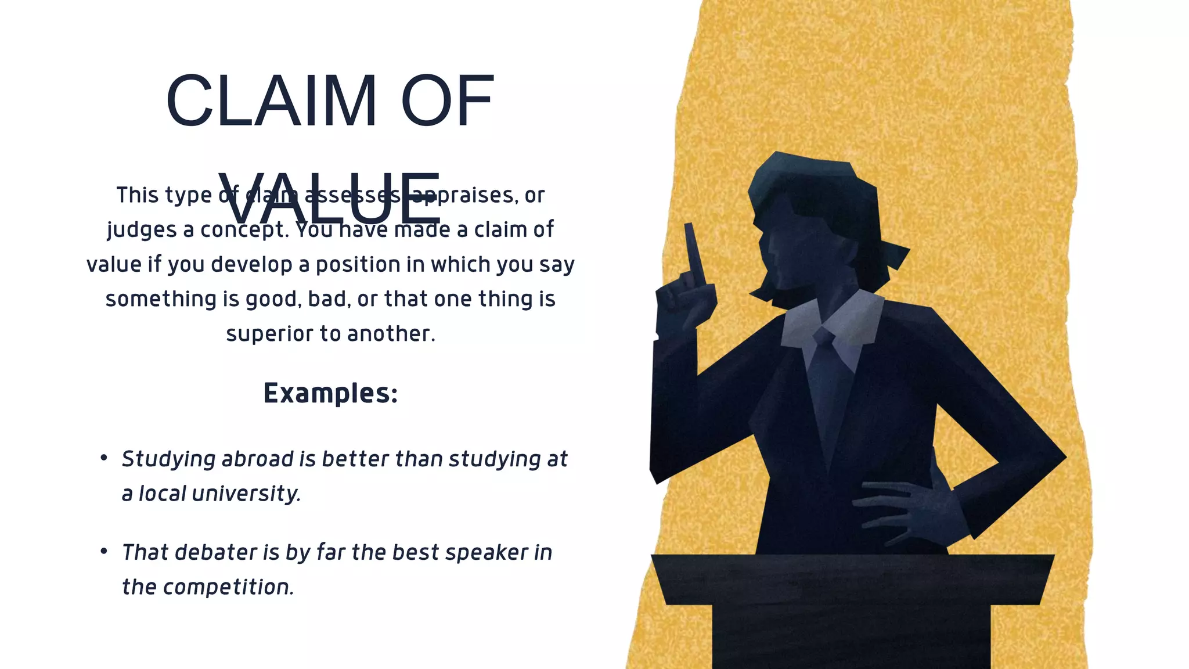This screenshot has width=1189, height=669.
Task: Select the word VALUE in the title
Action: (330, 199)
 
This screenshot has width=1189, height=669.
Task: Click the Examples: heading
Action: (330, 393)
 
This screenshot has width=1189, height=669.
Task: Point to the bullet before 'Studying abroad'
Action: (103, 458)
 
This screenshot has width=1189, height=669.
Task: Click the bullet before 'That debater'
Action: (103, 551)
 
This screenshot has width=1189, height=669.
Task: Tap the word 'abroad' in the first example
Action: (257, 459)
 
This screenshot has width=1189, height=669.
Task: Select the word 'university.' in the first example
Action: (246, 494)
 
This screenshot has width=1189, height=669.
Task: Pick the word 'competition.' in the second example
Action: (228, 587)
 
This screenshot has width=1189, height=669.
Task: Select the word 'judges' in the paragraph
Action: (142, 230)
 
